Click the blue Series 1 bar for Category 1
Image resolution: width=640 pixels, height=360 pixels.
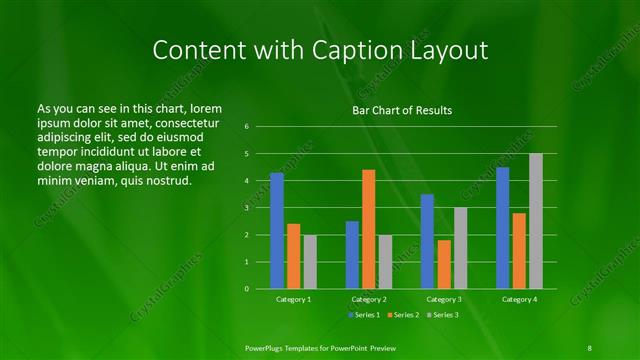click(277, 231)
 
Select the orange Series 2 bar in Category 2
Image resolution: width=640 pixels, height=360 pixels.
click(369, 229)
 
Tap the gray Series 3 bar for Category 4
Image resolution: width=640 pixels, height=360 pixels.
click(536, 221)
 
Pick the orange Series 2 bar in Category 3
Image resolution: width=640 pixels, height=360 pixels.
click(444, 264)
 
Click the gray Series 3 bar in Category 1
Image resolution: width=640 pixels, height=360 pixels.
click(310, 262)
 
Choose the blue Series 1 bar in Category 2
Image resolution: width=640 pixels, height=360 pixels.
click(352, 255)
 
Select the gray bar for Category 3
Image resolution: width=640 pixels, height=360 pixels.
click(461, 248)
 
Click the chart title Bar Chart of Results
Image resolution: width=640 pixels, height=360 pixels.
click(401, 110)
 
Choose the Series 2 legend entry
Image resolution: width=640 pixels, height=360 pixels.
click(402, 315)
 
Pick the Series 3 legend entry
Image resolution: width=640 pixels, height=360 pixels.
click(443, 315)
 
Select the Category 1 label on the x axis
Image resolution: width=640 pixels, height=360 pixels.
click(294, 299)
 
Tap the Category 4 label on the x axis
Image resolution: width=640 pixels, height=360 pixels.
click(519, 299)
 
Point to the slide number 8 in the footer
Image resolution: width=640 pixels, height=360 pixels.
click(590, 347)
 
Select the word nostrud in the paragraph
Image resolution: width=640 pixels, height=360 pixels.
click(165, 181)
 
